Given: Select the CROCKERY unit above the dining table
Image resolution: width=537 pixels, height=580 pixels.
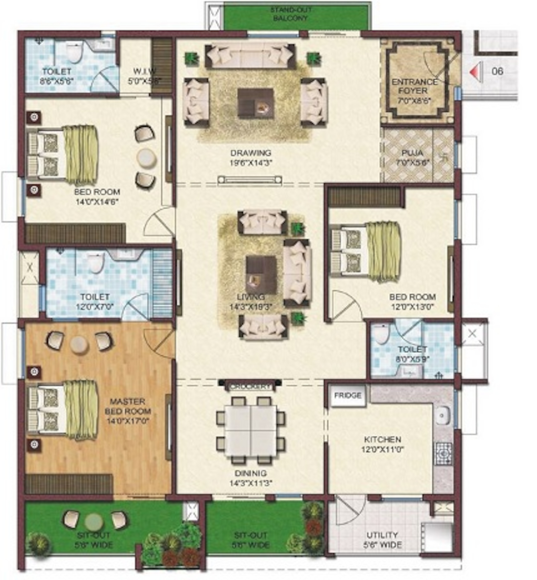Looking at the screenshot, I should pyautogui.click(x=250, y=386).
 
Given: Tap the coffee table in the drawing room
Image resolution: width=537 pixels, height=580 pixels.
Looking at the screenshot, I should pyautogui.click(x=255, y=103).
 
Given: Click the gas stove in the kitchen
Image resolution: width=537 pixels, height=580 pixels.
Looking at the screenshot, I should pyautogui.click(x=443, y=453).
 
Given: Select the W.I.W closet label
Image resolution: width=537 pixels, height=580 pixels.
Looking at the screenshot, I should pyautogui.click(x=144, y=76).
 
